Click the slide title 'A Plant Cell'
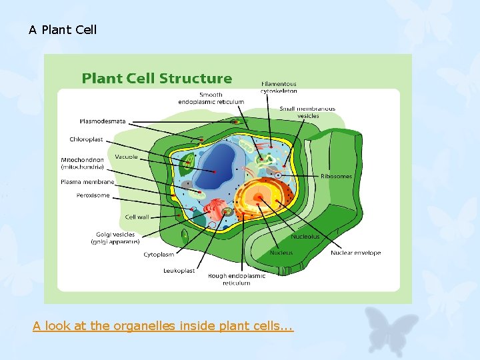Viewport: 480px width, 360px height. tap(63, 30)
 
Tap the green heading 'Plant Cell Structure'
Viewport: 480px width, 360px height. tap(157, 79)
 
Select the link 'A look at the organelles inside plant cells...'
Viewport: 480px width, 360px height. tap(163, 326)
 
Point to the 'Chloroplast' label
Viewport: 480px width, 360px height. tap(87, 139)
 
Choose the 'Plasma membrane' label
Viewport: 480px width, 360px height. tap(87, 181)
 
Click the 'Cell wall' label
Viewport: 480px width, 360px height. tap(137, 217)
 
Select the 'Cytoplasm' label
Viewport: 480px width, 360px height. tap(159, 255)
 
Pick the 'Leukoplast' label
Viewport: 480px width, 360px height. tap(179, 271)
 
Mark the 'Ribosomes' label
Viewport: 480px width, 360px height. tap(337, 177)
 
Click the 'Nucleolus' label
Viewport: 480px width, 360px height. tap(305, 237)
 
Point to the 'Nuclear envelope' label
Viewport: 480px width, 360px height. tap(355, 253)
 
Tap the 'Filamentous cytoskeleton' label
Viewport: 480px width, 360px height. tap(279, 87)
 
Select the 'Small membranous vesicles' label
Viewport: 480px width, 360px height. tap(307, 112)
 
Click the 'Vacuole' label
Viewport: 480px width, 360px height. tap(127, 157)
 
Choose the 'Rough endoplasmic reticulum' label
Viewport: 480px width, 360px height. tap(236, 279)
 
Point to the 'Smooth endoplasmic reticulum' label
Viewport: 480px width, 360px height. tap(211, 98)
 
